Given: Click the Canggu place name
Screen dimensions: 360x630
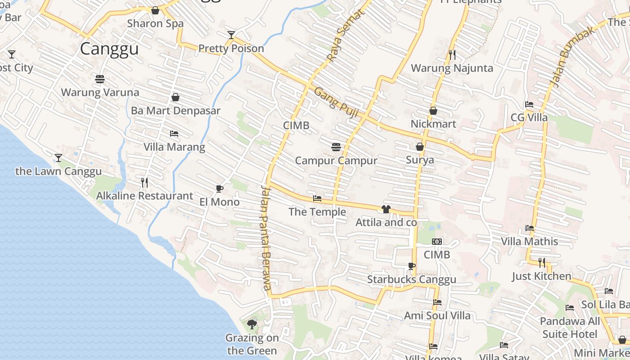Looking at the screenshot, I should [109, 49].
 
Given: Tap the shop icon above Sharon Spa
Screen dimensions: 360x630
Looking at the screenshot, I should [155, 10].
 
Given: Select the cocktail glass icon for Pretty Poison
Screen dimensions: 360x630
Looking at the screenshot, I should [231, 35].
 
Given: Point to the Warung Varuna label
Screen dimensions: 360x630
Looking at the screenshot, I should [100, 92].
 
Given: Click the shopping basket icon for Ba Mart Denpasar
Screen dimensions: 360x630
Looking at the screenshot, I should [175, 97].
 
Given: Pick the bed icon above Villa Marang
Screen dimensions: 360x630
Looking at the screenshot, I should [174, 134].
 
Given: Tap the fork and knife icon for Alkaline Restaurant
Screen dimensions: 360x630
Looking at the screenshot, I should [144, 183].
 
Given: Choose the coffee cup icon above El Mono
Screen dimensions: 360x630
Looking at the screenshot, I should [220, 189].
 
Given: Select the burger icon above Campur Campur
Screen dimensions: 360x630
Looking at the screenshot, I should [336, 147].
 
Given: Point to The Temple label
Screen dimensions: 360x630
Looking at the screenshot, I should [317, 212].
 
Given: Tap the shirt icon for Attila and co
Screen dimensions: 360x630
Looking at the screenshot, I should [386, 209].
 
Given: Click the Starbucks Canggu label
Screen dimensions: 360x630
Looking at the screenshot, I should [411, 279].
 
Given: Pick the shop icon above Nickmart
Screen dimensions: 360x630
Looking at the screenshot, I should [433, 110].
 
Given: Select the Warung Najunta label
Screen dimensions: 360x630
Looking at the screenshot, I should [452, 68].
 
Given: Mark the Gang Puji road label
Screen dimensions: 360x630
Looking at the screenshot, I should [336, 103].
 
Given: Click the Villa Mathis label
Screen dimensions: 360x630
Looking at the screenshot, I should [530, 242].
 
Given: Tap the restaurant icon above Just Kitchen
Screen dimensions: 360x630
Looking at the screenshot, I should [542, 262].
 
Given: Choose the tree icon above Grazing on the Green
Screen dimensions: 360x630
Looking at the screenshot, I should [252, 324].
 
